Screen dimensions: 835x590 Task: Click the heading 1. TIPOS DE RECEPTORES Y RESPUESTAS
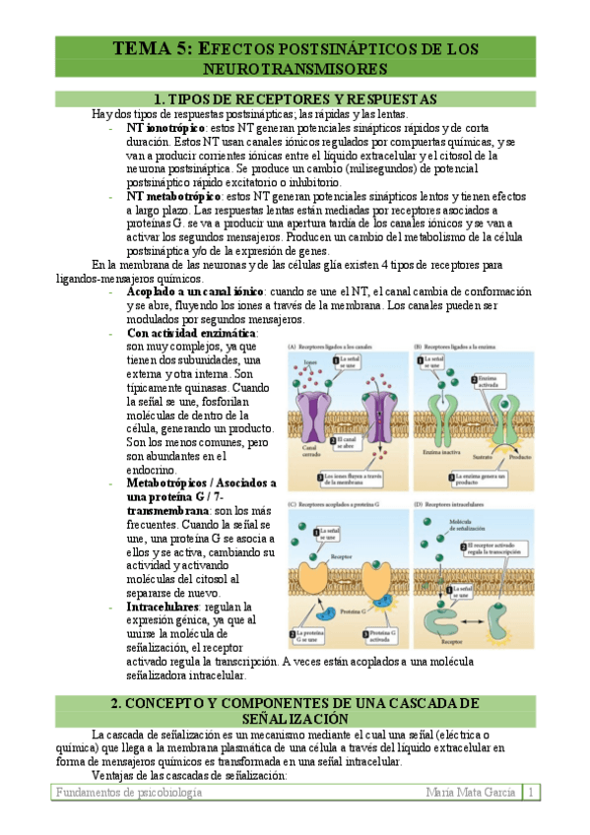(x=295, y=99)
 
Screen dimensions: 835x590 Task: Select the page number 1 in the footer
(x=532, y=793)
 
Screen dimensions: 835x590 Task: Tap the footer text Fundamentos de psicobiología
(x=129, y=793)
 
